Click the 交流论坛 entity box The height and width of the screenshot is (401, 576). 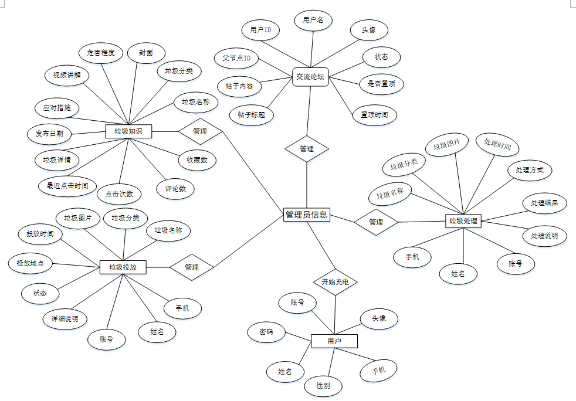tap(310, 76)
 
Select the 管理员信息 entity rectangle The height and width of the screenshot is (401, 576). tap(306, 215)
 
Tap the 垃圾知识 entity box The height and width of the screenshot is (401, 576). tap(128, 131)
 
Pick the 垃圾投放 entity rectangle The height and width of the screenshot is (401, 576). tap(123, 267)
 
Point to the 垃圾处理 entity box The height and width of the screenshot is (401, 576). tap(463, 221)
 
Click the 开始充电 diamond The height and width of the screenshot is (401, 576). tap(335, 282)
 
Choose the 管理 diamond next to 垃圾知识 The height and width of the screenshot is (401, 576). tap(200, 131)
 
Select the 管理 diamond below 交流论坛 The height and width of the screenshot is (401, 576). tap(306, 149)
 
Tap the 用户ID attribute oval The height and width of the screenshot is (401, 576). tap(260, 29)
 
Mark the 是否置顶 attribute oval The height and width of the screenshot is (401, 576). tap(381, 84)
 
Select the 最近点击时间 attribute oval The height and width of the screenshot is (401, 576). tap(67, 186)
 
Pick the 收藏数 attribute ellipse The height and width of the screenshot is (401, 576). tap(197, 159)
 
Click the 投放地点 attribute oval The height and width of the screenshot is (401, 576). tap(30, 263)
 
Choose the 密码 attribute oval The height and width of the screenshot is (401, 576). tap(266, 332)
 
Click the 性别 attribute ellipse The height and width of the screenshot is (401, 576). tap(323, 385)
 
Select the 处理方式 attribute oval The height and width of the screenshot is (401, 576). tap(530, 170)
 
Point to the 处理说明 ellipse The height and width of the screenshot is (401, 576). tap(544, 236)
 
